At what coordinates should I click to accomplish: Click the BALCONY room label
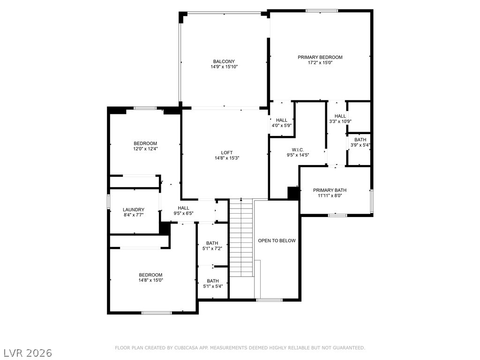(x=224, y=61)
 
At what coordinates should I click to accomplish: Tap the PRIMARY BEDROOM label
(x=320, y=57)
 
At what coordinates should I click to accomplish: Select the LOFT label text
(x=227, y=153)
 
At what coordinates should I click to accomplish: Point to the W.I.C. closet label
(x=298, y=150)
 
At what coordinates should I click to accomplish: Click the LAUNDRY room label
(x=134, y=210)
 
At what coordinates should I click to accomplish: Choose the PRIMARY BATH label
(x=330, y=190)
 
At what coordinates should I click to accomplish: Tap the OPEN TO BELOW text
(x=277, y=240)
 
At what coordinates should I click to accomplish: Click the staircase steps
(x=242, y=238)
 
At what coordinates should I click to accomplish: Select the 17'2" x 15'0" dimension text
(x=320, y=63)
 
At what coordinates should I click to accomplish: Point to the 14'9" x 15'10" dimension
(x=224, y=67)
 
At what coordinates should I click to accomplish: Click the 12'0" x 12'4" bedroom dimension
(x=145, y=149)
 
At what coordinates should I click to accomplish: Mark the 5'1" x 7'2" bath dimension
(x=212, y=248)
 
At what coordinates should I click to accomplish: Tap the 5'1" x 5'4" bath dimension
(x=213, y=286)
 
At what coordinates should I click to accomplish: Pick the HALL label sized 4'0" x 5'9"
(x=282, y=120)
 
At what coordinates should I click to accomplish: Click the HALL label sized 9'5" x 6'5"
(x=184, y=208)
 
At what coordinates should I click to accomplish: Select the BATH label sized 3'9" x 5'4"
(x=360, y=140)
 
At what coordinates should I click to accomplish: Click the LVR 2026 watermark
(x=26, y=353)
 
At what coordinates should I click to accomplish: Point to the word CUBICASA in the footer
(x=186, y=348)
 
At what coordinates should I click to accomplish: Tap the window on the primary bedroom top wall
(x=322, y=11)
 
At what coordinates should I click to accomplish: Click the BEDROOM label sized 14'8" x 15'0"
(x=150, y=275)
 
